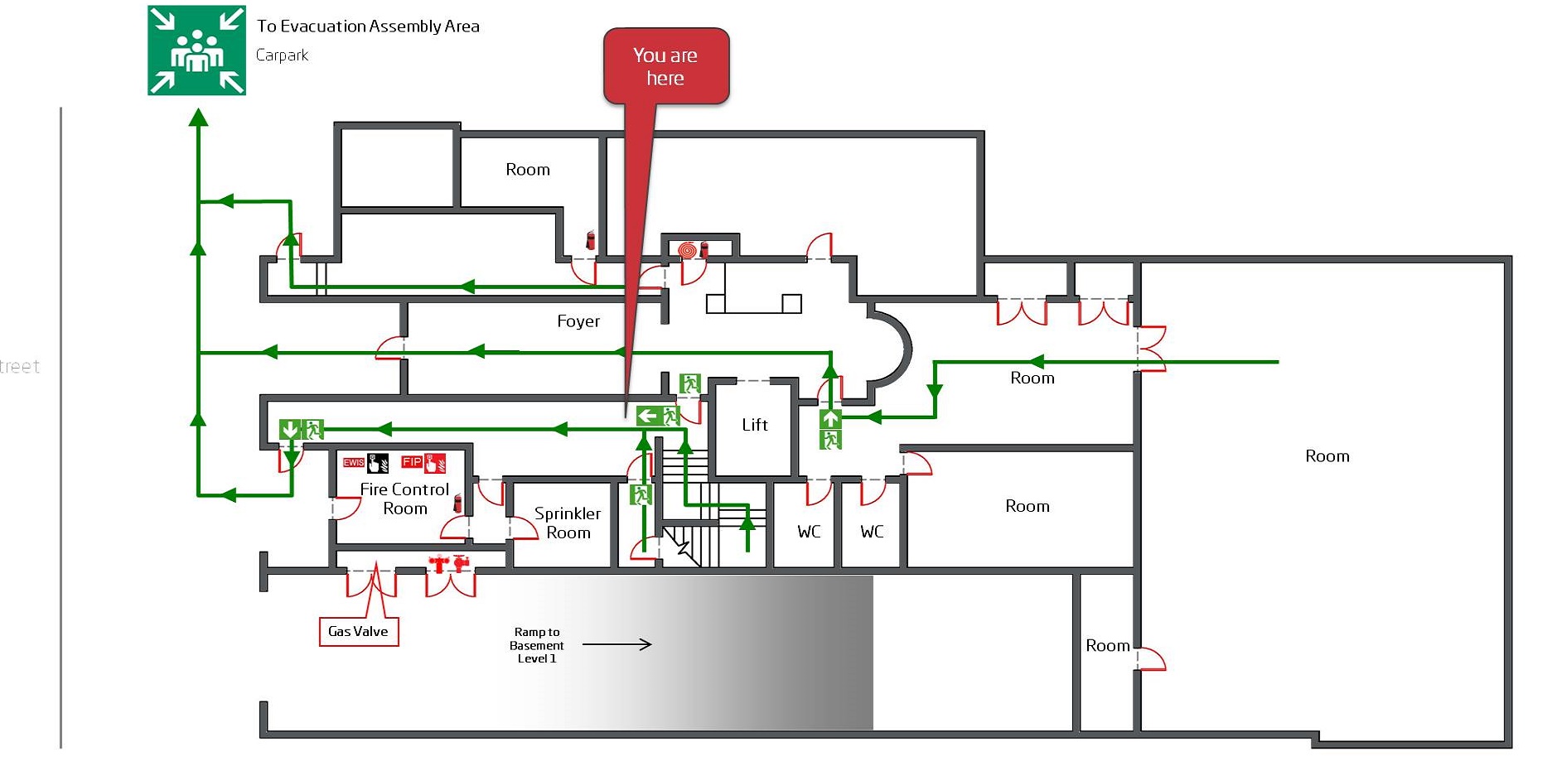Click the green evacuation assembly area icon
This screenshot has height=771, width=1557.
coord(196,51)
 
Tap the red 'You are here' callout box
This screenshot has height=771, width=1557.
coord(665,66)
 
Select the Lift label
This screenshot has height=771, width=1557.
coord(754,425)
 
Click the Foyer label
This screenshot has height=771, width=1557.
coord(578,321)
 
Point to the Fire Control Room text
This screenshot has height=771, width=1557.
coord(404,499)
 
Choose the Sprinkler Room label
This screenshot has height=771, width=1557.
coord(568,523)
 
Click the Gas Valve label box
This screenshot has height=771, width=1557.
coord(358,631)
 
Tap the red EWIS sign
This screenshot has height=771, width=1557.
coord(354,462)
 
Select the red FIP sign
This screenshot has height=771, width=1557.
coord(411,462)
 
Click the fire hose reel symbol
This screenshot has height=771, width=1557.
coord(686,249)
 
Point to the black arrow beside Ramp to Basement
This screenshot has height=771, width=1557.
coord(617,644)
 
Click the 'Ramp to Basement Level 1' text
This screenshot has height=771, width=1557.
coord(536,645)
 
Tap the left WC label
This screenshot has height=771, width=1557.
coord(809,532)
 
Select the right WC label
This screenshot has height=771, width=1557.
coord(871,532)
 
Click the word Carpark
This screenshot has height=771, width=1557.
coord(282,55)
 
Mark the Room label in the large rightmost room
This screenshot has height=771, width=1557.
coord(1327,456)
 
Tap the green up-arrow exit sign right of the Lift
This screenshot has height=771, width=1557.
coord(830,418)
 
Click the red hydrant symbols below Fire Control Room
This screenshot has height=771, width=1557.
coord(448,564)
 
